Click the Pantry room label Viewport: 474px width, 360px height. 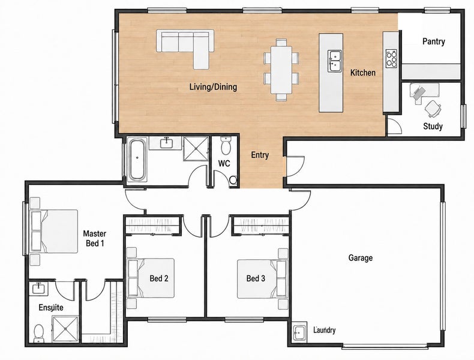[433, 41]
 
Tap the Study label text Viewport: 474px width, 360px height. [433, 126]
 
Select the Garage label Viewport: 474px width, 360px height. [361, 258]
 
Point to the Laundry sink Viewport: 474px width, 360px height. [299, 332]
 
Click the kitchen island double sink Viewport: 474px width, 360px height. [335, 61]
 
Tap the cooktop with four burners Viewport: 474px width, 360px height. [391, 58]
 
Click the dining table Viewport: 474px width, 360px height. [281, 70]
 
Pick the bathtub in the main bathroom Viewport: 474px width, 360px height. [137, 160]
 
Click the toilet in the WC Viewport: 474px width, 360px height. [225, 145]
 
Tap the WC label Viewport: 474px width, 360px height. [224, 164]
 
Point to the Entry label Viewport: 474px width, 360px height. [260, 155]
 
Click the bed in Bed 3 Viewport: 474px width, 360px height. [262, 279]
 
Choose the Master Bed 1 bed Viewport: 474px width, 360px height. [55, 231]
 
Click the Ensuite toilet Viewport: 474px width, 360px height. [38, 334]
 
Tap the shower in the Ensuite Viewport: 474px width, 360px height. [65, 329]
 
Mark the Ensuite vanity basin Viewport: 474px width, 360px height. [38, 289]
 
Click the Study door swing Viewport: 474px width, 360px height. [394, 126]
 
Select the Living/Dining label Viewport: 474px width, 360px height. [213, 87]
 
